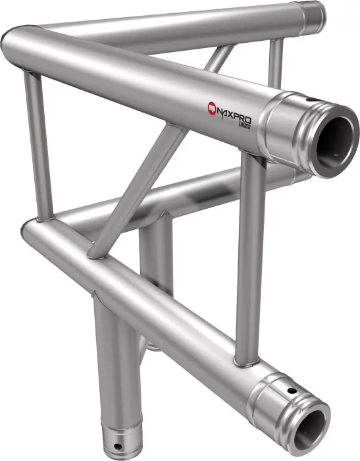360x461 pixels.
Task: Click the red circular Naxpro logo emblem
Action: click(x=213, y=106)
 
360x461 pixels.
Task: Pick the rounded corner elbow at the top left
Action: click(x=20, y=40)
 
